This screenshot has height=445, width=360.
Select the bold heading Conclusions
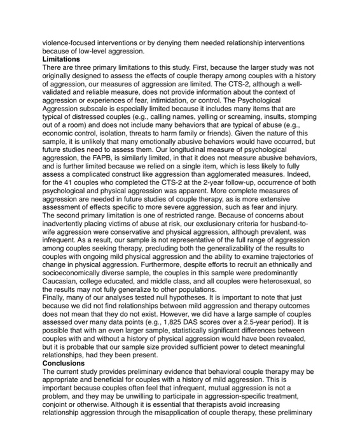(x=64, y=363)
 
